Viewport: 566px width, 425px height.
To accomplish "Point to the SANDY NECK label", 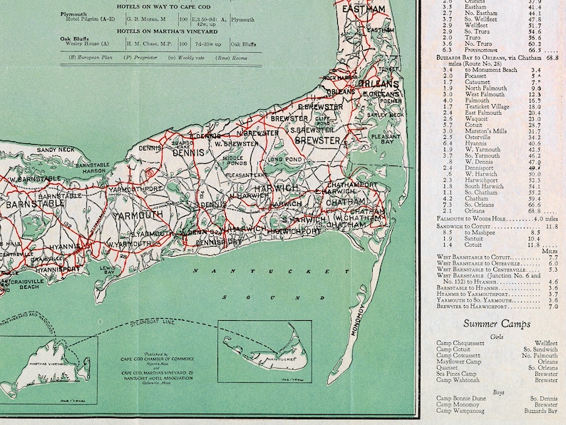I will pos(56,150).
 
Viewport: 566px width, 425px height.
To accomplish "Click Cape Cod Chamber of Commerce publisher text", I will pos(160,358).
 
